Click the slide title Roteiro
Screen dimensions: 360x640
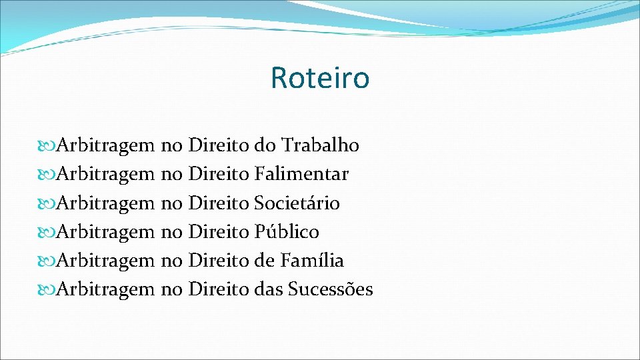(x=319, y=78)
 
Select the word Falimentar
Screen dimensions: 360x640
(x=301, y=175)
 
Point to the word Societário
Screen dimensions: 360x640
(x=297, y=203)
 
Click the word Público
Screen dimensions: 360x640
(x=287, y=232)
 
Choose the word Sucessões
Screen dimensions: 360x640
(x=331, y=290)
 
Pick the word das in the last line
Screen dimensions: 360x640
(x=268, y=290)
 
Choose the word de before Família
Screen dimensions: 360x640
(x=265, y=261)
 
